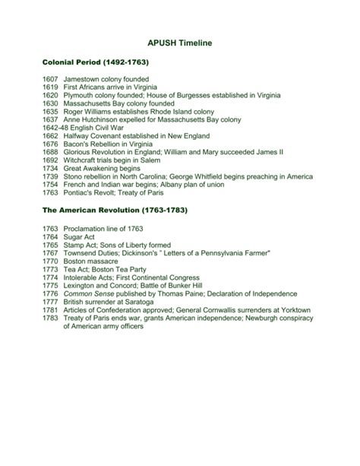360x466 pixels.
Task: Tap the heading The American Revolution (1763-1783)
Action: click(x=115, y=209)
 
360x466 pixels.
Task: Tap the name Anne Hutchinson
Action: click(x=94, y=120)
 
